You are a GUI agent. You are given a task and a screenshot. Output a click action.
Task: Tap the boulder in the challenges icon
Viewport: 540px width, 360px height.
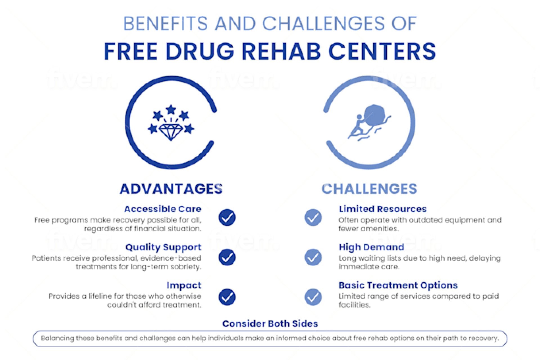(374, 114)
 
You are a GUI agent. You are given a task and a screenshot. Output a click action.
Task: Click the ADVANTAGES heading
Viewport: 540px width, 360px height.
(171, 189)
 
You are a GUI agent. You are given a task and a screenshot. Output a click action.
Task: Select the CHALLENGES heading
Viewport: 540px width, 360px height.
(369, 189)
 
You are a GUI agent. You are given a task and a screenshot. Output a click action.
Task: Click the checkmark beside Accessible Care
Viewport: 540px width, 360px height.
(227, 217)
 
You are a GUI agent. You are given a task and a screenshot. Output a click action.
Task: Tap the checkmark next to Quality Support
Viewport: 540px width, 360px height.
(227, 257)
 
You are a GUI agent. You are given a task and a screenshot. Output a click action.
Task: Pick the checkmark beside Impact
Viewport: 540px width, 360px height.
(227, 297)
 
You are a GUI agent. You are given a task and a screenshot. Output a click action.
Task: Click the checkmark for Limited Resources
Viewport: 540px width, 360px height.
(313, 217)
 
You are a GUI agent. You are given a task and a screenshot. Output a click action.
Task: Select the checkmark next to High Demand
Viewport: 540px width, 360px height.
(313, 257)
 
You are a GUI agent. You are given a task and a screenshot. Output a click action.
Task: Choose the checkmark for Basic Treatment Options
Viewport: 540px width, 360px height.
(313, 297)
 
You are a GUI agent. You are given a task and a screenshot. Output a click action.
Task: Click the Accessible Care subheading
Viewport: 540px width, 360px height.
(163, 209)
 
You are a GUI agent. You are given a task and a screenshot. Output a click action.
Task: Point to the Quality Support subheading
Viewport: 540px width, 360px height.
(163, 247)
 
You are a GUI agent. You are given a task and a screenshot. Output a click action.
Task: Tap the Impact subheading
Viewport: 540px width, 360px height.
(184, 285)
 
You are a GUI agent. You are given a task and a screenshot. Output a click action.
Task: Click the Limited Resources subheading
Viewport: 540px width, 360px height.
(382, 209)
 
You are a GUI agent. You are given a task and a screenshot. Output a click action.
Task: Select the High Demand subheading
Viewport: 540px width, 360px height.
(371, 247)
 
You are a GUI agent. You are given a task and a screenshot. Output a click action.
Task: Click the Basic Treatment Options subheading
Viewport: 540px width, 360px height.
(398, 285)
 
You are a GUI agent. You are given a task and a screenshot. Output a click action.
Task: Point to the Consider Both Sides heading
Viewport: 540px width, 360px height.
(270, 324)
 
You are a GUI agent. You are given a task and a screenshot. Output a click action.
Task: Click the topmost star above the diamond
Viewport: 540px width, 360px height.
(171, 109)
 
